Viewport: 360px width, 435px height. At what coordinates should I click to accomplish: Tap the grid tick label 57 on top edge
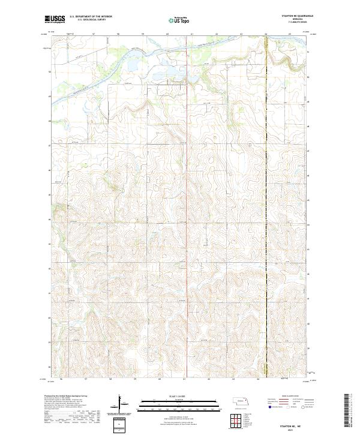point(94,34)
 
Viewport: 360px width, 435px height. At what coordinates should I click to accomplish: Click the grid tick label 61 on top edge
point(192,34)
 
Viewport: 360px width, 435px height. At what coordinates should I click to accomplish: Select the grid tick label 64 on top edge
point(266,34)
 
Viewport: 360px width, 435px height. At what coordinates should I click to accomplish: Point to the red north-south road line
point(185,210)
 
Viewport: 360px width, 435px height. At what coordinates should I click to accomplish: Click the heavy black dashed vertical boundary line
point(266,210)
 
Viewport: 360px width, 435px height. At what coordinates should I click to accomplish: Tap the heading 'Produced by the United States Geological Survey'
point(66,397)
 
